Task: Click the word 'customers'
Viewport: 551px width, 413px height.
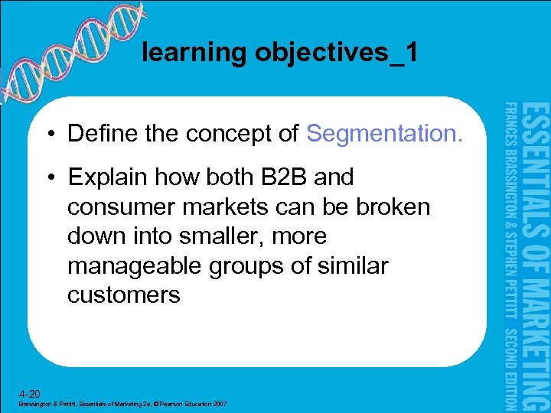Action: (123, 295)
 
